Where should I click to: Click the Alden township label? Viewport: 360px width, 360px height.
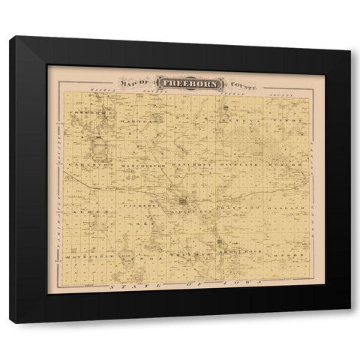81,214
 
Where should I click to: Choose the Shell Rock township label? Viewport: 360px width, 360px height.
238,254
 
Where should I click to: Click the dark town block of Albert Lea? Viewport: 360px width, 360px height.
184,201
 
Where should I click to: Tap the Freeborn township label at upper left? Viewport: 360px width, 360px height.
85,112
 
